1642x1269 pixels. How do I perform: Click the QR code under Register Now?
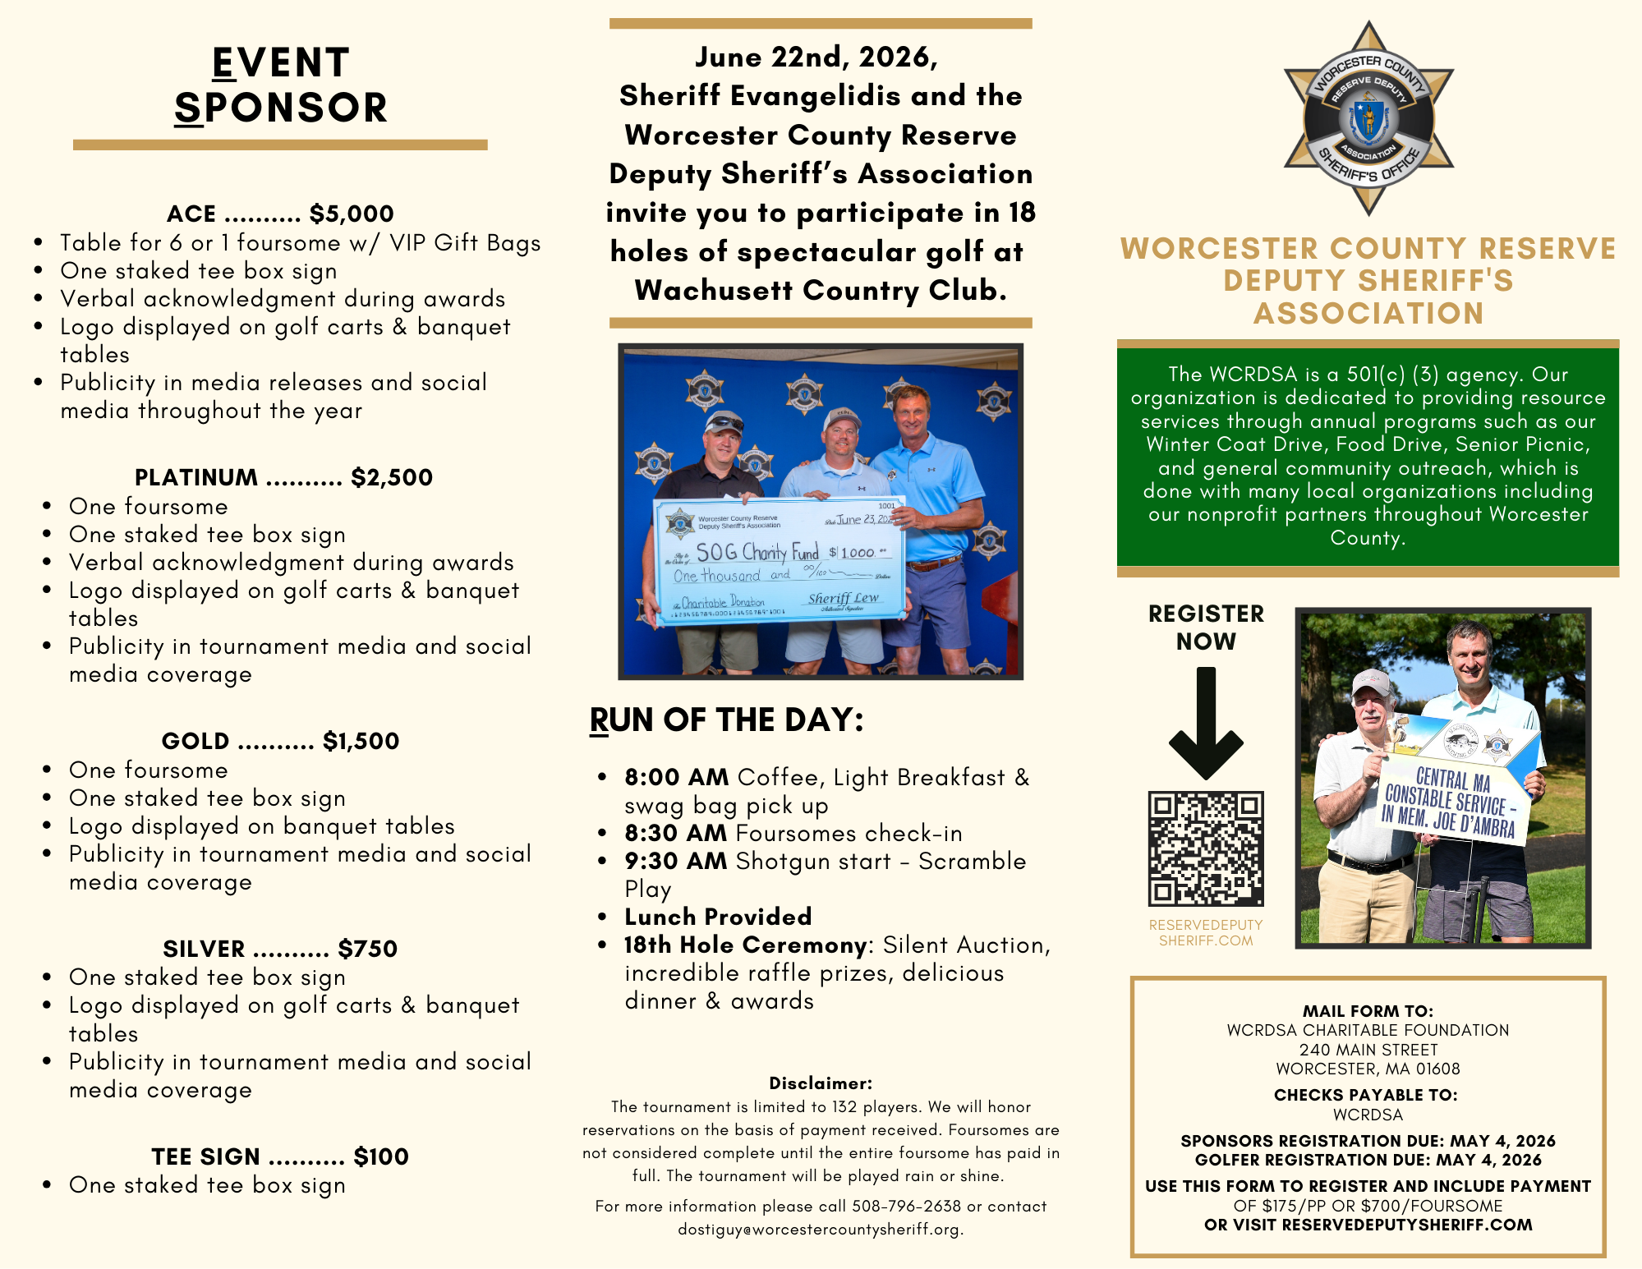(x=1205, y=848)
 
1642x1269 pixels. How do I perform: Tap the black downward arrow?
(x=1206, y=723)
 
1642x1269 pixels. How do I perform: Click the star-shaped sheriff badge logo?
(x=1368, y=118)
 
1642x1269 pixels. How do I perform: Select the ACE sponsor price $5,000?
(x=352, y=214)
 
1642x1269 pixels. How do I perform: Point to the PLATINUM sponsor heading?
(x=196, y=477)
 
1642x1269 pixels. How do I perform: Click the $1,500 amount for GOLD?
(x=361, y=741)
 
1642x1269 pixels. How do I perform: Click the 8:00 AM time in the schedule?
(x=676, y=777)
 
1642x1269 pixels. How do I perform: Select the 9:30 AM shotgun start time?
(x=676, y=861)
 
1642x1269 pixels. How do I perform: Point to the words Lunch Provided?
(x=718, y=917)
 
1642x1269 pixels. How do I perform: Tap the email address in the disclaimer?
(x=820, y=1230)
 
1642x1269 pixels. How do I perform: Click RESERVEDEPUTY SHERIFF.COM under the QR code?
(x=1206, y=932)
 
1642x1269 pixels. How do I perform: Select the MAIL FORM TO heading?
(x=1368, y=1011)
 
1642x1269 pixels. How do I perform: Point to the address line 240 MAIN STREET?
(x=1368, y=1050)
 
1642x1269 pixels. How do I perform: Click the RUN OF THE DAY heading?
(x=726, y=720)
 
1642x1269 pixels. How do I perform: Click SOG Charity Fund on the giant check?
(x=757, y=551)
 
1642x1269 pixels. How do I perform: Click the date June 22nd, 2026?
(x=816, y=57)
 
